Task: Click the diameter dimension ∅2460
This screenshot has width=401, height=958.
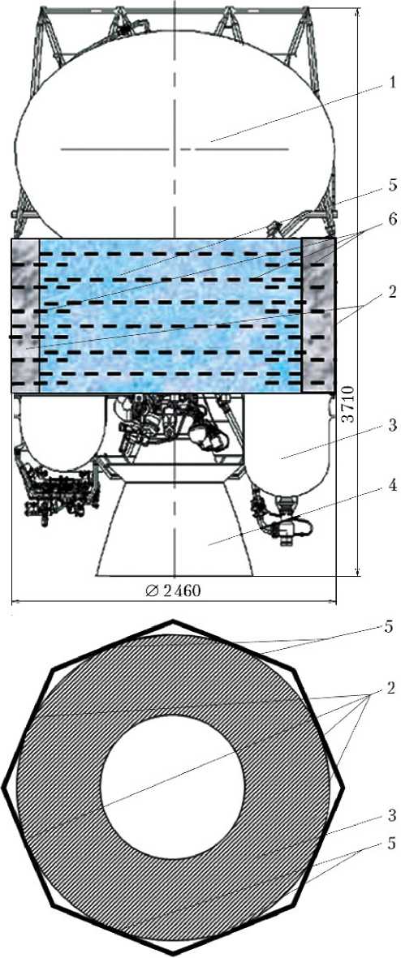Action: (x=175, y=591)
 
